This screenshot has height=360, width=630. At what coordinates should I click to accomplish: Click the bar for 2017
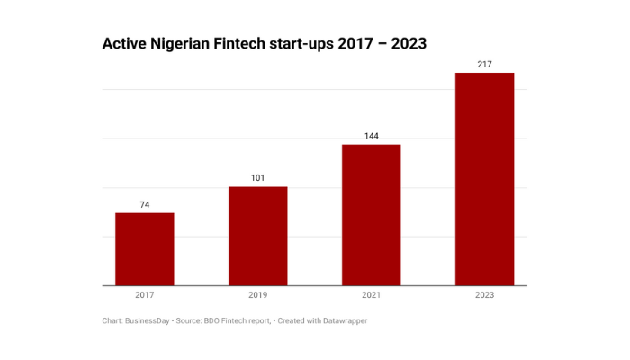pyautogui.click(x=144, y=249)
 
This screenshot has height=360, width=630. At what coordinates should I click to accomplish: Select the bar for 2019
pyautogui.click(x=257, y=236)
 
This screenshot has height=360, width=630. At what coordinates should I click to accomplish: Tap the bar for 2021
pyautogui.click(x=371, y=215)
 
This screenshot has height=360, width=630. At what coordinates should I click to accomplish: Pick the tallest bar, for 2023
pyautogui.click(x=484, y=179)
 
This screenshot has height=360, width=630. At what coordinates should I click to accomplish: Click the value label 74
pyautogui.click(x=144, y=205)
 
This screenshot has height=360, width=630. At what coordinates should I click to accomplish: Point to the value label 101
pyautogui.click(x=257, y=178)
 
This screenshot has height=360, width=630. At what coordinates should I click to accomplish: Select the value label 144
pyautogui.click(x=371, y=136)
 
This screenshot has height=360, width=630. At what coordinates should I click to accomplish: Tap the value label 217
pyautogui.click(x=484, y=64)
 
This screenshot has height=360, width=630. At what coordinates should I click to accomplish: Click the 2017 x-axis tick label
pyautogui.click(x=144, y=294)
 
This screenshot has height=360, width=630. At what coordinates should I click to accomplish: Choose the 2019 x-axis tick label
pyautogui.click(x=257, y=294)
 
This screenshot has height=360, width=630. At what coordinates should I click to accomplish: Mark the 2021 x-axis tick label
pyautogui.click(x=371, y=294)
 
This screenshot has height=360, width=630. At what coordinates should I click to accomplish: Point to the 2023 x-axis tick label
pyautogui.click(x=484, y=294)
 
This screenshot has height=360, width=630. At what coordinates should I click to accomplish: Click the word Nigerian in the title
pyautogui.click(x=186, y=43)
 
